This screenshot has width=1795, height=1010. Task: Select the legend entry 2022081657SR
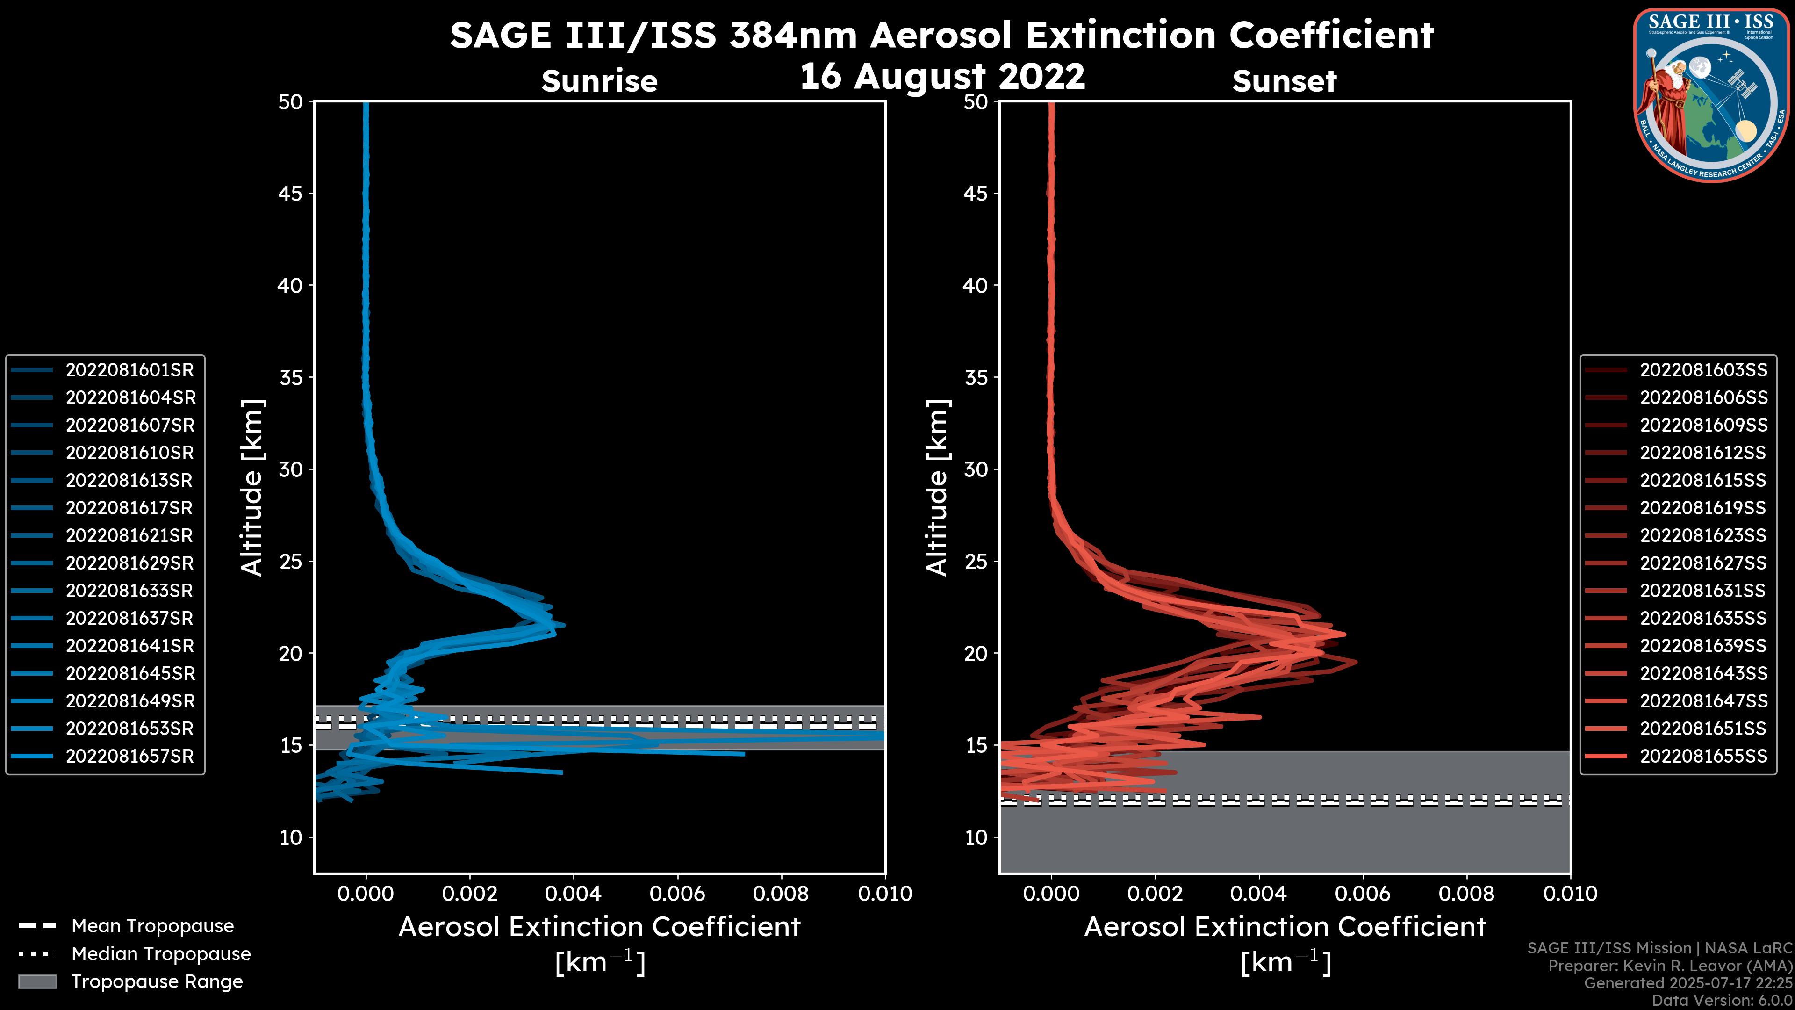click(x=129, y=756)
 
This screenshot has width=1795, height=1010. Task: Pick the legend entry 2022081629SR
click(x=129, y=563)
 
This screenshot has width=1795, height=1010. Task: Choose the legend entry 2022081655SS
click(x=1703, y=756)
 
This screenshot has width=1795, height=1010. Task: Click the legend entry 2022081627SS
click(x=1703, y=563)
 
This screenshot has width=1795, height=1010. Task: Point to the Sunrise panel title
click(x=599, y=81)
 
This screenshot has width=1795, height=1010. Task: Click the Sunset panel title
click(x=1284, y=81)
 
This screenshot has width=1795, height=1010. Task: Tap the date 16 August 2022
click(x=942, y=76)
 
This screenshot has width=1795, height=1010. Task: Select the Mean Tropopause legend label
click(x=152, y=926)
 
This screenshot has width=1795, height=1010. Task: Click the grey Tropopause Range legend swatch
click(x=37, y=982)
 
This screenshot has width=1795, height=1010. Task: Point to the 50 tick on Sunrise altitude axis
click(x=291, y=102)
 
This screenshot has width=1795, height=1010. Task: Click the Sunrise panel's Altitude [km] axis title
click(x=251, y=487)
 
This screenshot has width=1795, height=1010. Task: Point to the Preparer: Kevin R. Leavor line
click(x=1670, y=966)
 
